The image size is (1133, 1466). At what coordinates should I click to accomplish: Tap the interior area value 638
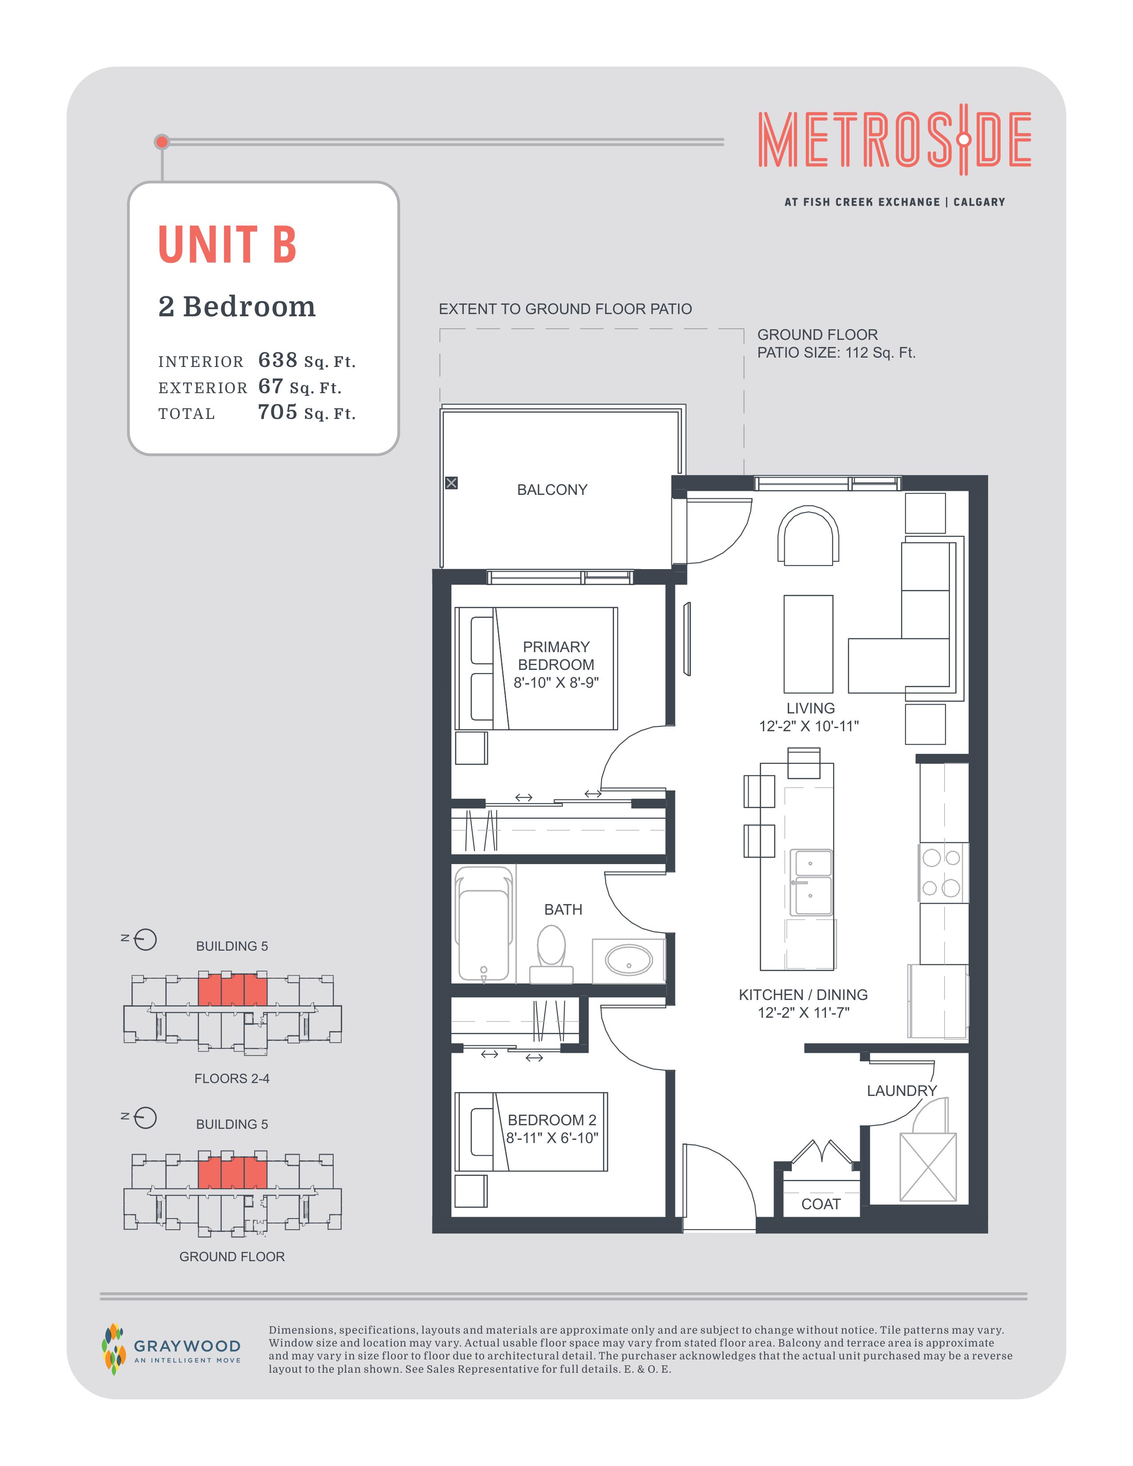click(278, 360)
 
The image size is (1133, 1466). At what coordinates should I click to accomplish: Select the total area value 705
click(278, 412)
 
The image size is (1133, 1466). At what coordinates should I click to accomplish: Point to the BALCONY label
click(552, 490)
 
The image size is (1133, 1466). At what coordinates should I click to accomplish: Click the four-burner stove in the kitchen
click(943, 872)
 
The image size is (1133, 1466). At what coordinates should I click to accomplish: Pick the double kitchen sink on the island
click(811, 882)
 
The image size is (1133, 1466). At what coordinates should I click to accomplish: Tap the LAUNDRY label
click(902, 1091)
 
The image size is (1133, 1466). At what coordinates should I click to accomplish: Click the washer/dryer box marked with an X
click(928, 1167)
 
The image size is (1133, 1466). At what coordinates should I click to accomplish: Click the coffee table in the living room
click(808, 644)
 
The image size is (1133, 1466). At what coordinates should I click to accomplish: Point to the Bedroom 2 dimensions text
click(552, 1138)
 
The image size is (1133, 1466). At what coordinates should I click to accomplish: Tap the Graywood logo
click(171, 1349)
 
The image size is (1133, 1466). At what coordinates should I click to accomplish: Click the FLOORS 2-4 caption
click(231, 1079)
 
